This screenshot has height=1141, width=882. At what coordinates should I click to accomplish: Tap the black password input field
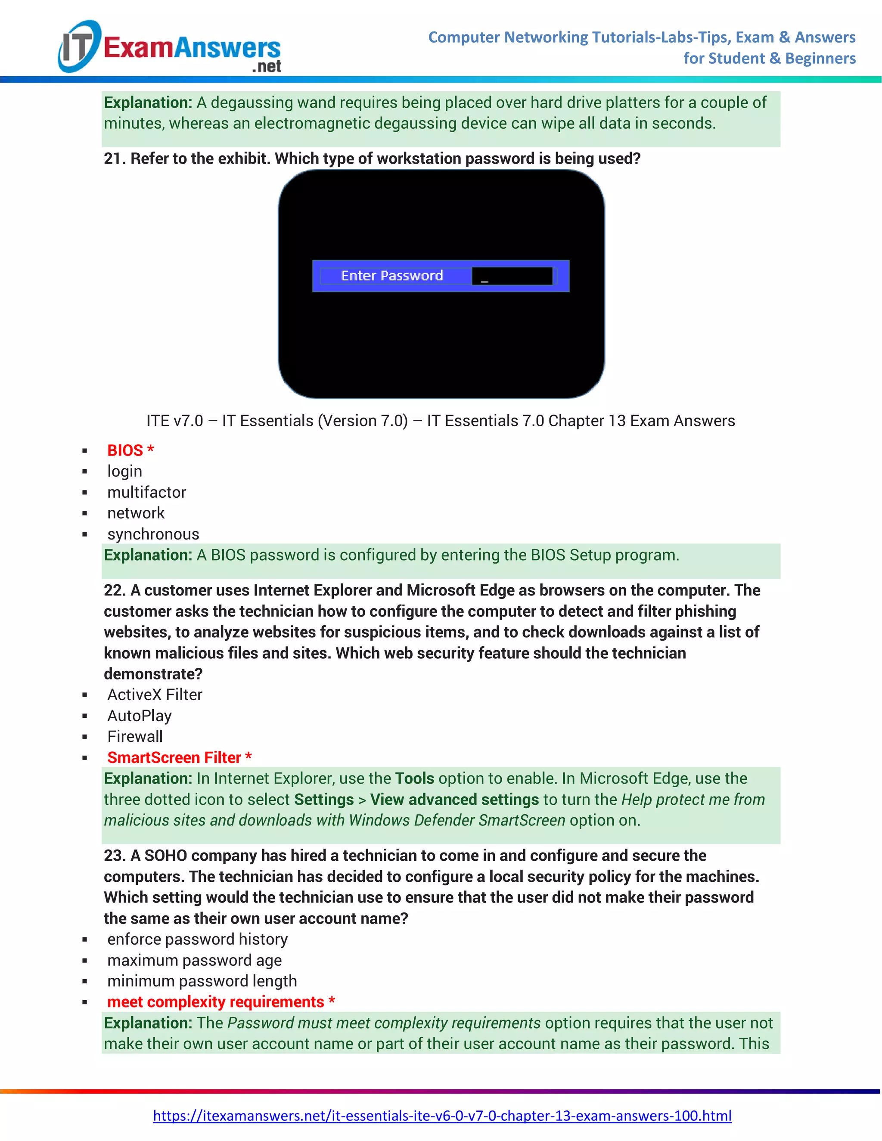(512, 276)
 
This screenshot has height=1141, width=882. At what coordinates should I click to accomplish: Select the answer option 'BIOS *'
(130, 450)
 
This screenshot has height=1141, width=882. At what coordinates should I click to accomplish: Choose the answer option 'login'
(124, 471)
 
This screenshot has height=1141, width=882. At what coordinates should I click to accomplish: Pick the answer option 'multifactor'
(146, 492)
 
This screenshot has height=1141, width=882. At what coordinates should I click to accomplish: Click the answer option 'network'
(136, 513)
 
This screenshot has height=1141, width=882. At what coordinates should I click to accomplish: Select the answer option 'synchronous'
(153, 534)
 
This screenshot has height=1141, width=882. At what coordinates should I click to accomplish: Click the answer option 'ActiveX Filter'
(155, 695)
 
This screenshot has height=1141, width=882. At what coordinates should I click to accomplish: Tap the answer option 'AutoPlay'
(139, 716)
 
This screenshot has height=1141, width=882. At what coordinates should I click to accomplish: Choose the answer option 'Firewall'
(135, 737)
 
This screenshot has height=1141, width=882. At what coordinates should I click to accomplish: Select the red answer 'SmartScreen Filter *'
(179, 757)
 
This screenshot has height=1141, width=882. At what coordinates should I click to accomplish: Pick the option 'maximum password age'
(194, 960)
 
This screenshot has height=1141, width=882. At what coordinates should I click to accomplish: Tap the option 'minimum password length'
(202, 981)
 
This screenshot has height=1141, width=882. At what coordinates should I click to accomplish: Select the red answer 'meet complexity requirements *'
(221, 1002)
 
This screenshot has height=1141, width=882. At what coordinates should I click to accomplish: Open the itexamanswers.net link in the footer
(442, 1116)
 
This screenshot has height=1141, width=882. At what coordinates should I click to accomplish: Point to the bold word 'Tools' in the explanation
(414, 778)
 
